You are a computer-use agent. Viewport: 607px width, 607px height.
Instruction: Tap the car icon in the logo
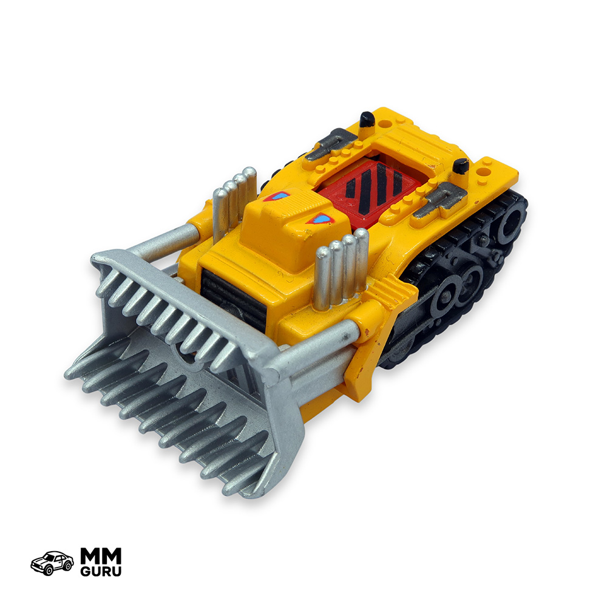coord(52,563)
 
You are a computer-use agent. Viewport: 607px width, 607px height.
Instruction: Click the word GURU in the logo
coord(101,571)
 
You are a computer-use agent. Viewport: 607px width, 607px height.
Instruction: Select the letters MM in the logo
coord(101,556)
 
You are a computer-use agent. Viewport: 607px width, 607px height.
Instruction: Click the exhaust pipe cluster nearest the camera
coord(341,269)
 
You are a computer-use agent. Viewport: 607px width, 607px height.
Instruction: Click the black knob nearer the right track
coord(461,166)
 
